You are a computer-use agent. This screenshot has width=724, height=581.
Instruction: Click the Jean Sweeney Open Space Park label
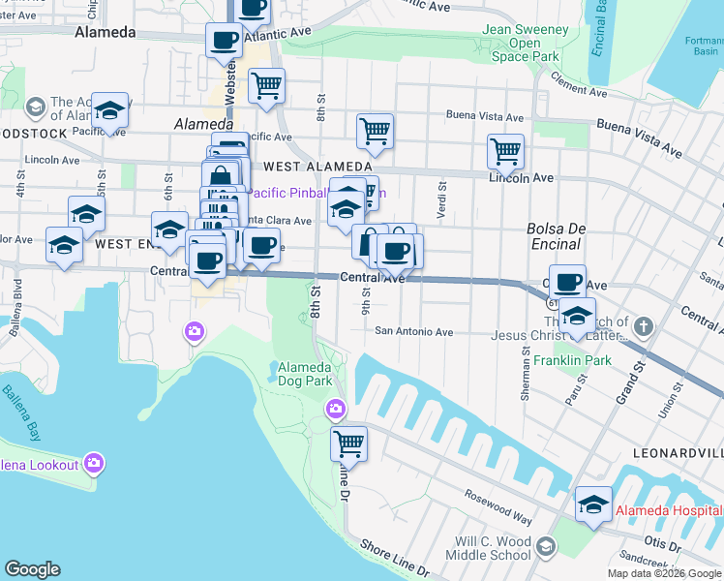pyautogui.click(x=525, y=44)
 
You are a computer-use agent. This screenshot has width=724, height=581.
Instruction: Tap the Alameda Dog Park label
pyautogui.click(x=305, y=374)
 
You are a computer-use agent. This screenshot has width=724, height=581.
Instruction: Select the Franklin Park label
pyautogui.click(x=572, y=360)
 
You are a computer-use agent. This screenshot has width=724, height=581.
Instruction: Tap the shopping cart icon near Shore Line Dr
pyautogui.click(x=348, y=444)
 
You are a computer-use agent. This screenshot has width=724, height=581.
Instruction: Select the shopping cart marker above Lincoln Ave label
pyautogui.click(x=505, y=152)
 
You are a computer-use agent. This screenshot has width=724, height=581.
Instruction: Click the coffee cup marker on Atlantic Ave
pyautogui.click(x=225, y=42)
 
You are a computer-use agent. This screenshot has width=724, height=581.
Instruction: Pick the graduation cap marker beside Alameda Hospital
pyautogui.click(x=593, y=505)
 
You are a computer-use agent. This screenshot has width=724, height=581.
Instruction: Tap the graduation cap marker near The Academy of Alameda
pyautogui.click(x=110, y=111)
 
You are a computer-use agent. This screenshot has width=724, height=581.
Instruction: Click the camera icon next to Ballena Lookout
pyautogui.click(x=93, y=464)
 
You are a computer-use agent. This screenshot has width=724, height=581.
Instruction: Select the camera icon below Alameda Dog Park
pyautogui.click(x=336, y=410)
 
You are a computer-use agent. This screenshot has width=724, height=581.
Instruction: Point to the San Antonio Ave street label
pyautogui.click(x=414, y=332)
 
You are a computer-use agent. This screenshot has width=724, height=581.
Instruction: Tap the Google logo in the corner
pyautogui.click(x=32, y=569)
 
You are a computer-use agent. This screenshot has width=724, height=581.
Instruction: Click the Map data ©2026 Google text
pyautogui.click(x=663, y=573)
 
